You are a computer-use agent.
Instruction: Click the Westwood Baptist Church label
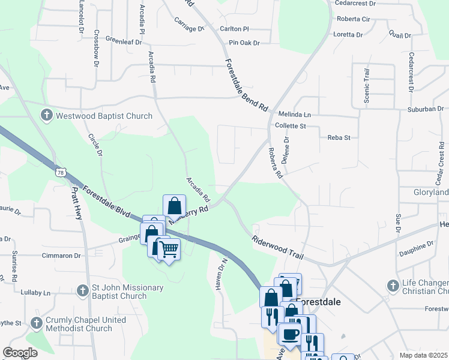[x=104, y=116]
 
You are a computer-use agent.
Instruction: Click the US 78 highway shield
[x=59, y=172]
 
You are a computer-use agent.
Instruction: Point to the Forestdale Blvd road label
[x=107, y=201]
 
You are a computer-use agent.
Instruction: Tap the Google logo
[x=20, y=353]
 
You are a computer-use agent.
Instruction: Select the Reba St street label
[x=339, y=137]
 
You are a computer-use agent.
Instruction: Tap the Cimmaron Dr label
[x=61, y=255]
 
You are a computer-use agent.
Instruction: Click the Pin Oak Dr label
[x=244, y=43]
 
